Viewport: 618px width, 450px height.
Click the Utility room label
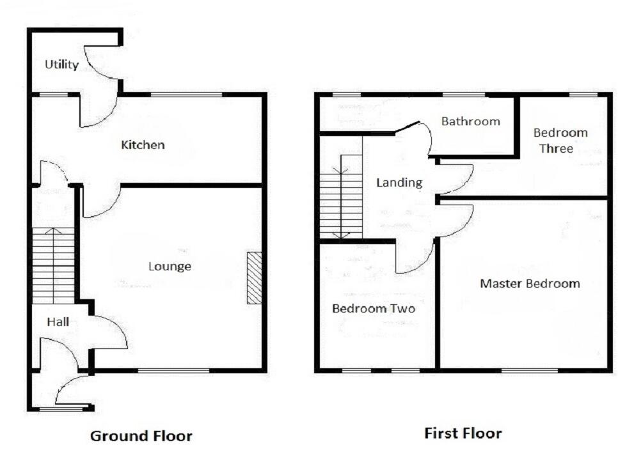click(62, 65)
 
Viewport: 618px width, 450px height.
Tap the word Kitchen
click(143, 145)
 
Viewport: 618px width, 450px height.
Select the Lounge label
click(170, 266)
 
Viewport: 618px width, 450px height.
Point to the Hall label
click(58, 322)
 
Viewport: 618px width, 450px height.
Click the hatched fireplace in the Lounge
click(254, 277)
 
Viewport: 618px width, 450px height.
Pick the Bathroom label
click(470, 121)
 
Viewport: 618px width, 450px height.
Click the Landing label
click(399, 182)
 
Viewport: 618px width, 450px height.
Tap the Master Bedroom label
click(530, 283)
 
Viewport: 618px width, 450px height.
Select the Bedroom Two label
click(373, 309)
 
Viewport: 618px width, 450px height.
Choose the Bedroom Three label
click(560, 141)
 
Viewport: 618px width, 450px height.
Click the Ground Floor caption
click(141, 436)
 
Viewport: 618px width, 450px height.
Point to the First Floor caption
click(463, 433)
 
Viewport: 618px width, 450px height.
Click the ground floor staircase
click(54, 265)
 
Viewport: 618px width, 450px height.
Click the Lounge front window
click(173, 370)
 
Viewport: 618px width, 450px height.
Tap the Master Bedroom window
click(529, 370)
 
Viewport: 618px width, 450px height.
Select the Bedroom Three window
click(583, 95)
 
